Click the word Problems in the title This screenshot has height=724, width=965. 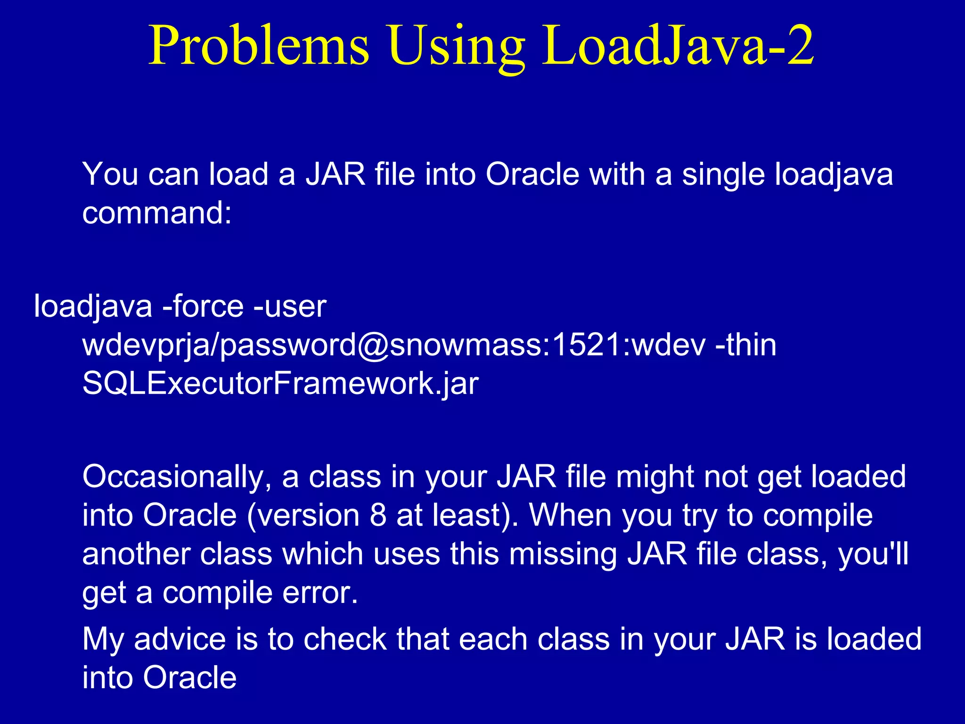[x=259, y=46]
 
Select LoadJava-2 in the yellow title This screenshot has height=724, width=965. [x=678, y=46]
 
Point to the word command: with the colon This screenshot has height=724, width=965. [x=157, y=213]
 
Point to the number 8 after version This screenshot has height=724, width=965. [x=378, y=515]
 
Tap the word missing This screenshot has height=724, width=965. [x=563, y=554]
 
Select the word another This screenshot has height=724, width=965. [x=136, y=554]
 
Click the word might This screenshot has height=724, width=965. [x=654, y=477]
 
